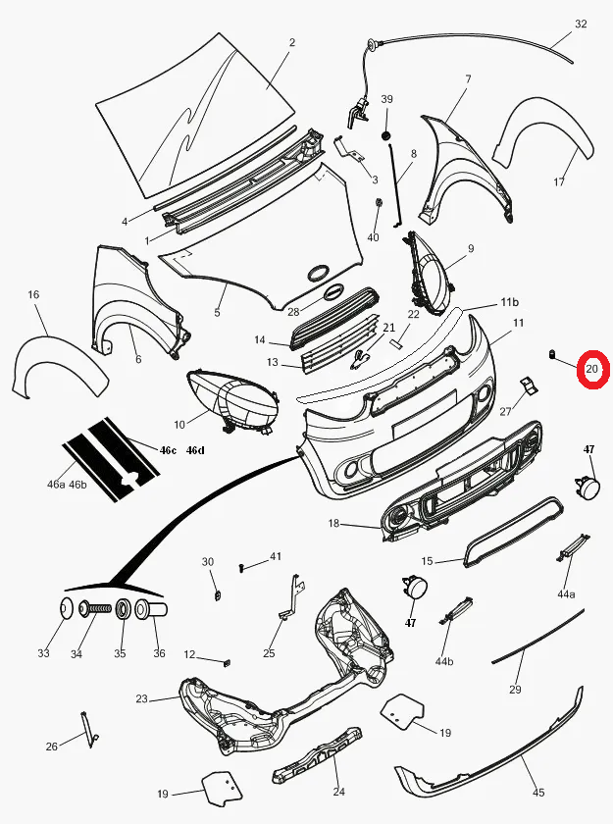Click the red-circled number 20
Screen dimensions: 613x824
(592, 369)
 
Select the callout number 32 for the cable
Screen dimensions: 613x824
(581, 24)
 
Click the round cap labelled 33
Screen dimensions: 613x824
(66, 609)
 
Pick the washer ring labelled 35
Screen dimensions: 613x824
(124, 609)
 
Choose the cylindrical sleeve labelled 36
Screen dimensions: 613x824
(151, 609)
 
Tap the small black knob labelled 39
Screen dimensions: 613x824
(386, 136)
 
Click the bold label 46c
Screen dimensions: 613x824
(168, 450)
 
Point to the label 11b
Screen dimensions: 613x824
(509, 302)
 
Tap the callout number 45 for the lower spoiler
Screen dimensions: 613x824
(537, 792)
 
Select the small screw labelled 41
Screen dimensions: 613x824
(241, 567)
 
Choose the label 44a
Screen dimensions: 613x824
(566, 594)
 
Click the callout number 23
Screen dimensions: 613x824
(142, 698)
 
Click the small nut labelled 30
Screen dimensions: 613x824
(218, 595)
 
